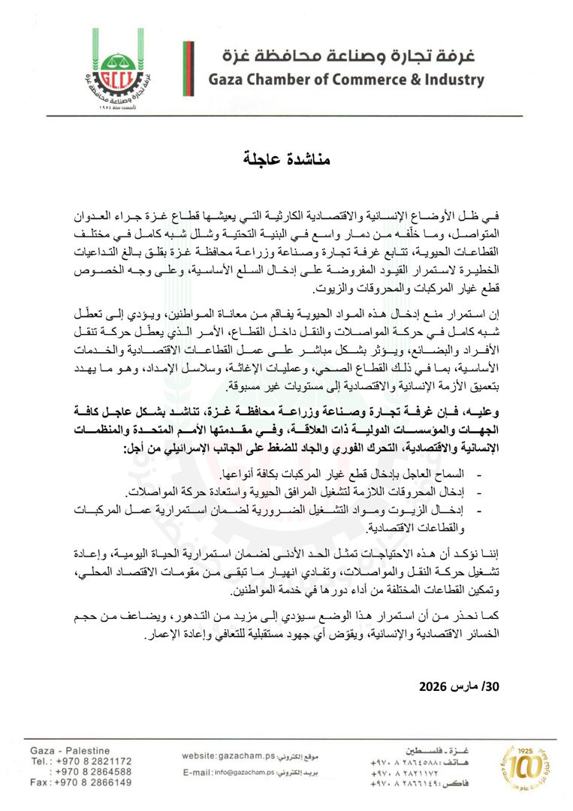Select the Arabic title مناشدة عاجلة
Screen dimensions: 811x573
click(x=286, y=160)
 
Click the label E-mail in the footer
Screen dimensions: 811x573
click(x=198, y=772)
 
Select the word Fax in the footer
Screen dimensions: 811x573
click(x=39, y=782)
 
